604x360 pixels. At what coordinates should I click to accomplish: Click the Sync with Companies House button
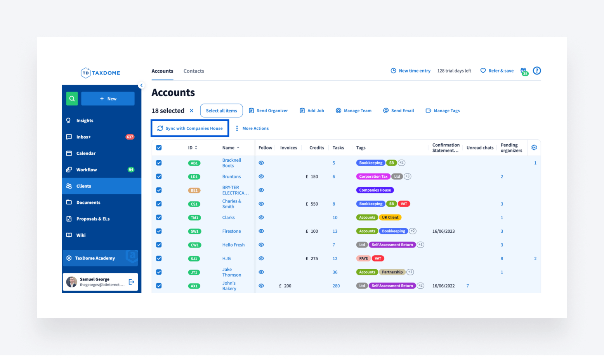pyautogui.click(x=190, y=128)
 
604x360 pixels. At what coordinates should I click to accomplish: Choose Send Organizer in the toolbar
pyautogui.click(x=268, y=111)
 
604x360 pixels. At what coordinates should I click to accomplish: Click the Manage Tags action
pyautogui.click(x=443, y=111)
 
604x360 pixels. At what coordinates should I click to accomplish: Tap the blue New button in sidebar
pyautogui.click(x=108, y=99)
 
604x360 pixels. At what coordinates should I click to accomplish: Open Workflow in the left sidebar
pyautogui.click(x=87, y=170)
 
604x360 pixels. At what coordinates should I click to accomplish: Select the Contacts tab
pyautogui.click(x=194, y=71)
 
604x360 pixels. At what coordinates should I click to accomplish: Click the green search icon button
pyautogui.click(x=72, y=99)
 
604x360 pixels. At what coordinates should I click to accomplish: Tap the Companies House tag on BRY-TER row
pyautogui.click(x=375, y=190)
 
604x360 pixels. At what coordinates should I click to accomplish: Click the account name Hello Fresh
pyautogui.click(x=233, y=245)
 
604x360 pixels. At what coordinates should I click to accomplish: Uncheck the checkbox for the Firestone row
pyautogui.click(x=159, y=231)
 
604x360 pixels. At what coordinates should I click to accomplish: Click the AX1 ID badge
pyautogui.click(x=194, y=286)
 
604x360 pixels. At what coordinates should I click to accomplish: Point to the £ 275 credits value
pyautogui.click(x=312, y=258)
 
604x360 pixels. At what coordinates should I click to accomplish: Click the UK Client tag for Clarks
pyautogui.click(x=390, y=218)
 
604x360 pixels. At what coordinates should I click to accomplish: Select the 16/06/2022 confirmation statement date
pyautogui.click(x=443, y=286)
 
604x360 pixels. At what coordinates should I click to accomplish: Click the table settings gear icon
pyautogui.click(x=534, y=147)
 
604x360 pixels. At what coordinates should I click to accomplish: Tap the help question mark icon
pyautogui.click(x=537, y=71)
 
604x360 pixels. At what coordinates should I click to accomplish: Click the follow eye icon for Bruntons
pyautogui.click(x=261, y=177)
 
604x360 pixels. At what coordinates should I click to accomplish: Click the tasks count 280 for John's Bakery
pyautogui.click(x=336, y=286)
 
